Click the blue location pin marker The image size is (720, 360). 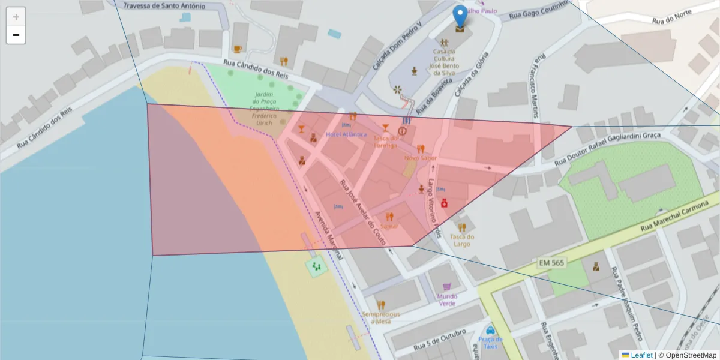point(460,17)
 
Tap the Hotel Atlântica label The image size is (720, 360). point(346,134)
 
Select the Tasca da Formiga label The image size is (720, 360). point(385,142)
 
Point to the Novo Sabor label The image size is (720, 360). point(421,158)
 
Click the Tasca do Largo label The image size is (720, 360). point(462,240)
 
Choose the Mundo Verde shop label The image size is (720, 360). point(447,299)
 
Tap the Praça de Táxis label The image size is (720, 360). point(490,343)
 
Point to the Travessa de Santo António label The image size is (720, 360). point(164,6)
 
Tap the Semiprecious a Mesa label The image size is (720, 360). point(380,317)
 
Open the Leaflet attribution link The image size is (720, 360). point(641,355)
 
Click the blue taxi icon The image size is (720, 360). point(490,330)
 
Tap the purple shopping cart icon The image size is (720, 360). point(446,287)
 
